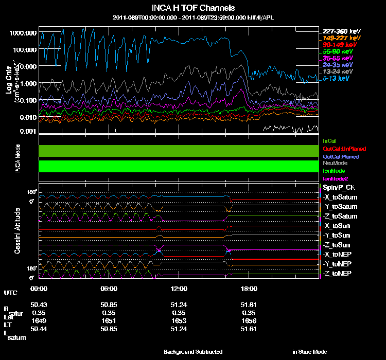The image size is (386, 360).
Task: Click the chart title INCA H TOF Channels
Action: point(193,8)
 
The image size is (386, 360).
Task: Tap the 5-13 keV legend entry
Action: point(337,79)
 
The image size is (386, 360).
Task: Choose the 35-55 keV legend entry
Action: point(338,59)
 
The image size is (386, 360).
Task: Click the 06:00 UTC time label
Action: point(110,289)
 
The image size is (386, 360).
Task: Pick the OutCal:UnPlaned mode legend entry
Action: point(344,149)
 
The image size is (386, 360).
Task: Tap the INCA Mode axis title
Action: point(17,158)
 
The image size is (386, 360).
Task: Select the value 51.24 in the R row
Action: point(179,305)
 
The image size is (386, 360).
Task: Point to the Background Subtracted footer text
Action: point(193,352)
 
